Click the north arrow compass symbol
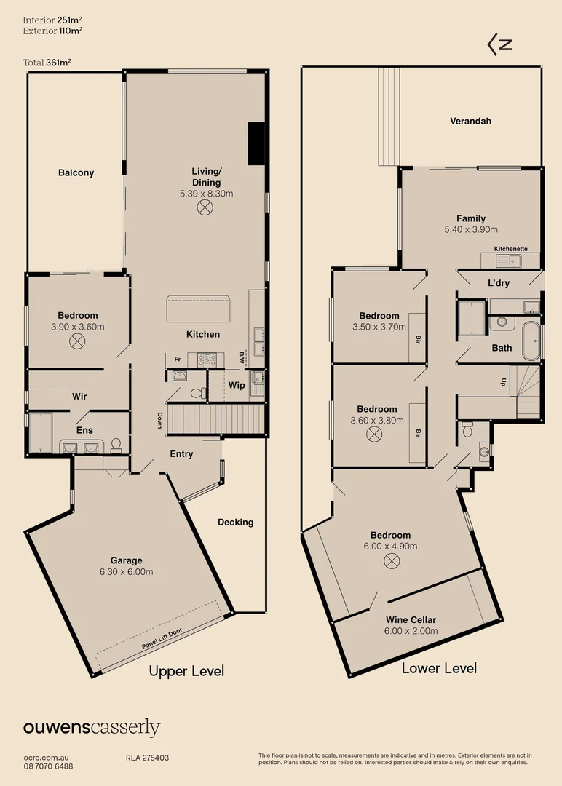tap(499, 44)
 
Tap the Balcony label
tap(76, 173)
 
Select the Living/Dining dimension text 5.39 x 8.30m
tap(206, 194)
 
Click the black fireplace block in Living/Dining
tap(256, 144)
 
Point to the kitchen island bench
tap(199, 309)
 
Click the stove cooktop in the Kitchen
tap(207, 359)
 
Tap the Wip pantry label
tap(237, 385)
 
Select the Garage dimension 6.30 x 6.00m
tap(127, 572)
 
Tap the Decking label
tap(235, 522)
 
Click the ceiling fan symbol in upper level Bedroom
tap(77, 341)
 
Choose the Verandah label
tap(470, 121)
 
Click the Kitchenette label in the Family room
tap(511, 249)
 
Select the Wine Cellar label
tap(411, 620)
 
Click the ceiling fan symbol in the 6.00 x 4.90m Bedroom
tap(392, 560)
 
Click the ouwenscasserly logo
tap(92, 727)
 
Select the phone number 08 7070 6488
tap(48, 766)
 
